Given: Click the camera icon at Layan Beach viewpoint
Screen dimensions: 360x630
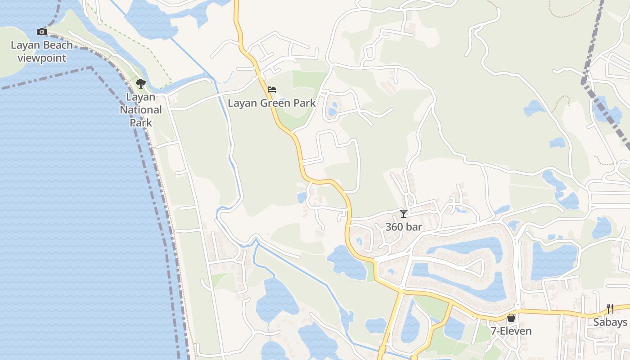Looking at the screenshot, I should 42,31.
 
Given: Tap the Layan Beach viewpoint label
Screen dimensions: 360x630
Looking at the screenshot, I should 41,51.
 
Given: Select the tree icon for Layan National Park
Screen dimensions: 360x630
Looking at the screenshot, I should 141,83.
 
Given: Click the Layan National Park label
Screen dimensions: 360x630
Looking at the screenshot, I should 141,110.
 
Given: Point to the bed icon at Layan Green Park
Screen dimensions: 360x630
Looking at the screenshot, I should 271,90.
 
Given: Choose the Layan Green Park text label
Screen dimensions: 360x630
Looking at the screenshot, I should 271,103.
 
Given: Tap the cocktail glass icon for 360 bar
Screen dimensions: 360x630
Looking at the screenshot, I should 404,213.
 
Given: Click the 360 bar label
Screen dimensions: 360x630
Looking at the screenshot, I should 404,227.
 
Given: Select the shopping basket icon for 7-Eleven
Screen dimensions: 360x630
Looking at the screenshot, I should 511,318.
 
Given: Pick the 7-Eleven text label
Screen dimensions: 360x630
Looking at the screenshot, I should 511,331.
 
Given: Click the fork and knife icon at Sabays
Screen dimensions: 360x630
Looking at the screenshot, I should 610,309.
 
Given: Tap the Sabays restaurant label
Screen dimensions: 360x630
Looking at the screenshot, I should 610,322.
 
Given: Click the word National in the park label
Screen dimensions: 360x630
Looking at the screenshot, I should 141,110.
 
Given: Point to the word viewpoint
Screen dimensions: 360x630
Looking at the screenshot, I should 42,58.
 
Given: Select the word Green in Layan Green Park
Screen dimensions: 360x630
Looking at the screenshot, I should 274,103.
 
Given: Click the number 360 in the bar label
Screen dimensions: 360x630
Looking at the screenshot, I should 395,227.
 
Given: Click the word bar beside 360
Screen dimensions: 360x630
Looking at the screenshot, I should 414,227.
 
